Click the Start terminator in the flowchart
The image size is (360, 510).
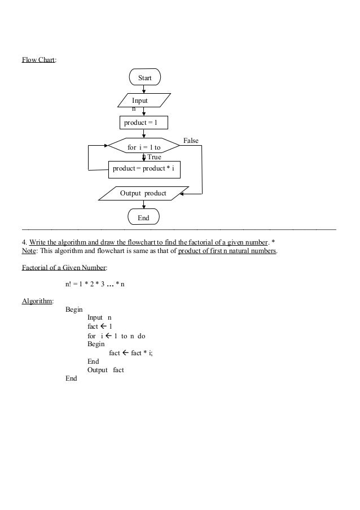pyautogui.click(x=144, y=77)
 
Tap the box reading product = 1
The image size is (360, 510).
pyautogui.click(x=144, y=123)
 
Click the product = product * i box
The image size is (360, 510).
pyautogui.click(x=144, y=169)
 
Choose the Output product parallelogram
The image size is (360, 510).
pyautogui.click(x=143, y=193)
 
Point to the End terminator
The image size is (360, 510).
pyautogui.click(x=143, y=217)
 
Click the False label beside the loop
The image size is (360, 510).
pyautogui.click(x=191, y=141)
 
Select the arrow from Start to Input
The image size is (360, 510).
pyautogui.click(x=144, y=89)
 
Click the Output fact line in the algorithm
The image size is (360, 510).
pyautogui.click(x=106, y=370)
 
